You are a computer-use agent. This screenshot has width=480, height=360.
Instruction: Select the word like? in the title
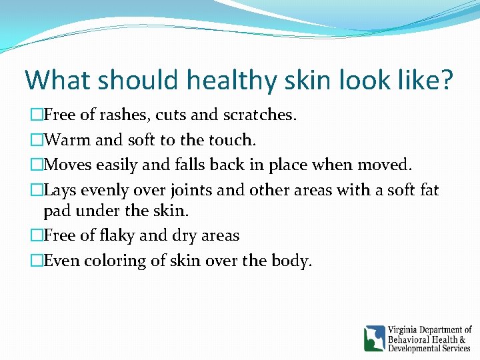[421, 80]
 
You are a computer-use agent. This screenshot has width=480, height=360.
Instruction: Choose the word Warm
[69, 140]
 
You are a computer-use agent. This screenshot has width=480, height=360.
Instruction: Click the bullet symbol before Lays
[37, 190]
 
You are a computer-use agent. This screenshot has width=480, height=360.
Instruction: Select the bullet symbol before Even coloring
[37, 261]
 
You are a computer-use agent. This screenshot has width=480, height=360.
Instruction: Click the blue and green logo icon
[374, 338]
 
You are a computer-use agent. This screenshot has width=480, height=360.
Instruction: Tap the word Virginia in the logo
[407, 329]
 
